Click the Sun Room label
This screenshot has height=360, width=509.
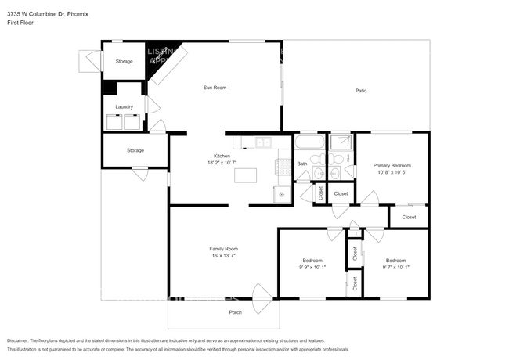pyautogui.click(x=215, y=88)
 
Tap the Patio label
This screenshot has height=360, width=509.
pyautogui.click(x=361, y=91)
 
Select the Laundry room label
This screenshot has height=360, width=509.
pyautogui.click(x=124, y=106)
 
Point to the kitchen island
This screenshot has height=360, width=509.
pyautogui.click(x=246, y=175)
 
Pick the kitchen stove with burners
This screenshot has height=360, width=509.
pyautogui.click(x=283, y=165)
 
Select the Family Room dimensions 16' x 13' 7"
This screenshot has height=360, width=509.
pyautogui.click(x=222, y=255)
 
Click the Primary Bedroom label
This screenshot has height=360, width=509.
pyautogui.click(x=392, y=165)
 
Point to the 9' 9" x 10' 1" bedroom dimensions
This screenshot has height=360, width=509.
pyautogui.click(x=313, y=267)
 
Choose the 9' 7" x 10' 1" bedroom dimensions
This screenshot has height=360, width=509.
pyautogui.click(x=395, y=267)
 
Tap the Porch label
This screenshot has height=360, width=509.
pyautogui.click(x=235, y=312)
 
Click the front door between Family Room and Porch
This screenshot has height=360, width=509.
pyautogui.click(x=261, y=297)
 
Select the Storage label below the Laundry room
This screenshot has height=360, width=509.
pyautogui.click(x=135, y=150)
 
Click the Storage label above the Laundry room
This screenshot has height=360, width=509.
pyautogui.click(x=124, y=61)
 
